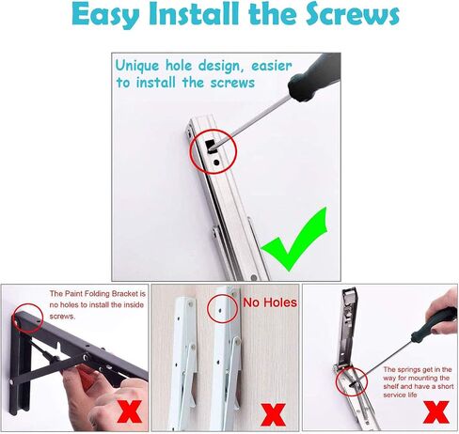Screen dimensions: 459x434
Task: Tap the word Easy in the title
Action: point(105,16)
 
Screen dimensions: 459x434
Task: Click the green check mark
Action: point(294,239)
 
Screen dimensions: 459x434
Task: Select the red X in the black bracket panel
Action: point(130,411)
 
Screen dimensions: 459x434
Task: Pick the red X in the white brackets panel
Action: point(273,414)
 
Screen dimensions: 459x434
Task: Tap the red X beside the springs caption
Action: point(436,412)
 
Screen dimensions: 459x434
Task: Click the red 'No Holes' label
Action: point(270,302)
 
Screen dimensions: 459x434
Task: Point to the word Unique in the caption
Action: point(137,67)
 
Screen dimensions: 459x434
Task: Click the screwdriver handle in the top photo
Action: point(314,77)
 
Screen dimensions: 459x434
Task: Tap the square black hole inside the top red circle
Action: point(210,146)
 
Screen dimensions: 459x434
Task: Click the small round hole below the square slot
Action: point(216,163)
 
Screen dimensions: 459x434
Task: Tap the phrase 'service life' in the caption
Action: point(400,395)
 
